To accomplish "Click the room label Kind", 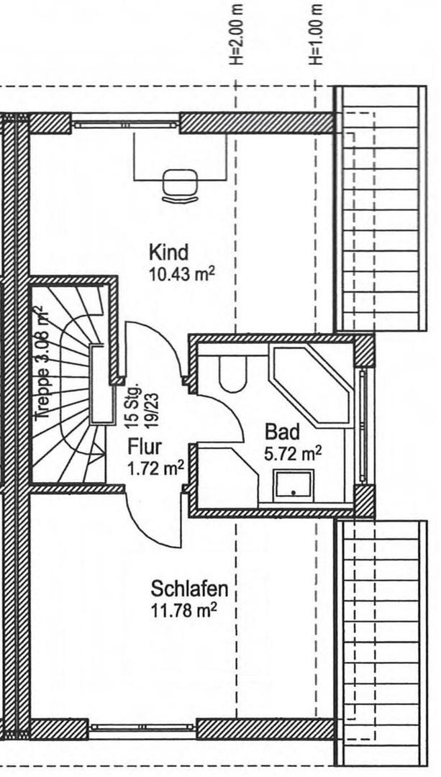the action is (x=169, y=253).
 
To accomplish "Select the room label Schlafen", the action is (x=189, y=589).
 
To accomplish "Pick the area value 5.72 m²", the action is (x=293, y=453).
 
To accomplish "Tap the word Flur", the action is (x=145, y=447).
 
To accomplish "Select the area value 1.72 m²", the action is (x=156, y=468).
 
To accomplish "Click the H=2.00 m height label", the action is (x=237, y=34).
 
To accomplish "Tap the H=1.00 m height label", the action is (x=316, y=34).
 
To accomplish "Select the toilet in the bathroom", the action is (x=232, y=373).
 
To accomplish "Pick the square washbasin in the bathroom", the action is (x=294, y=485).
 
